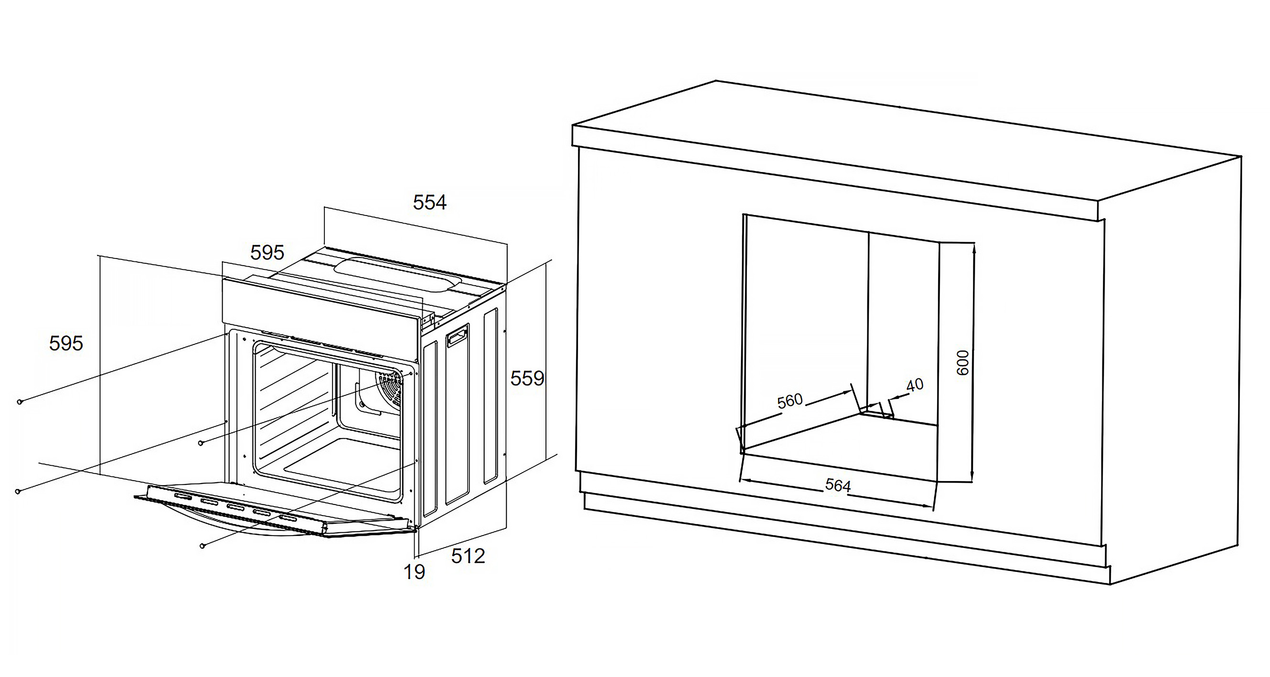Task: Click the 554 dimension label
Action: (x=429, y=203)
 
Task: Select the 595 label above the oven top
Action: (x=267, y=253)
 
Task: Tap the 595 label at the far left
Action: (x=66, y=343)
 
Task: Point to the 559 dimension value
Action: (x=527, y=379)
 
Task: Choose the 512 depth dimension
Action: (x=468, y=556)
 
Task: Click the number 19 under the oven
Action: (x=414, y=572)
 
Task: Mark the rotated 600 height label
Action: (x=962, y=363)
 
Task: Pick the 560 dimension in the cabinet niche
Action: (x=790, y=401)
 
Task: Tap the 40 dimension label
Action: (x=915, y=385)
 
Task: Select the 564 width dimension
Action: (x=838, y=486)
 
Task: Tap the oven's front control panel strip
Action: (x=320, y=306)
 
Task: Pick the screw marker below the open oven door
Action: (x=202, y=546)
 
